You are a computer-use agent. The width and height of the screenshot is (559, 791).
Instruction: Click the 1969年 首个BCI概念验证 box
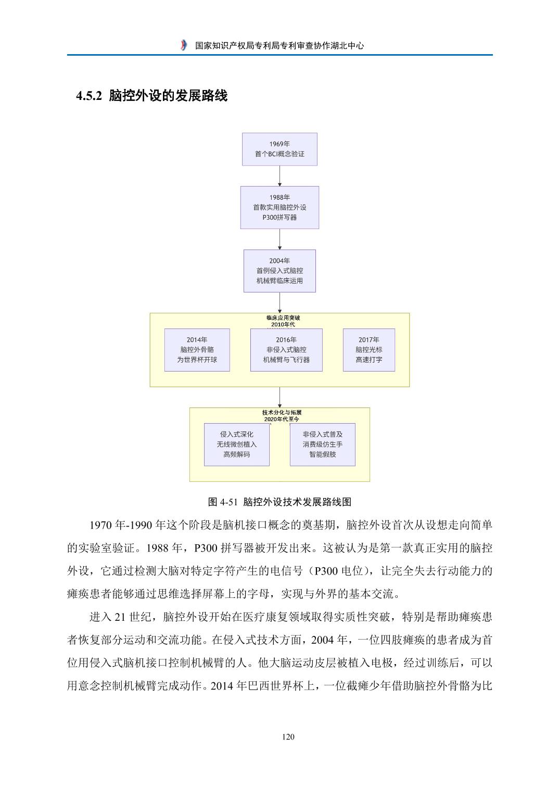(x=279, y=149)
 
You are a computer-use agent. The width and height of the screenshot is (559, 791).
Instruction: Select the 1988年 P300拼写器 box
(x=279, y=208)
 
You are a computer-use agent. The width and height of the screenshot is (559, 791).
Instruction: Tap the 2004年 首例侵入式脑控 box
(x=279, y=271)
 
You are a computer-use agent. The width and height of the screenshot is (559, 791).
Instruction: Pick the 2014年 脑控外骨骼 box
(x=197, y=350)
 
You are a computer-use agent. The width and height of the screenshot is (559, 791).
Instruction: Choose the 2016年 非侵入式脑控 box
(x=286, y=350)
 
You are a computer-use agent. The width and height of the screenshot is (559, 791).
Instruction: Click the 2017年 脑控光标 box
(x=369, y=350)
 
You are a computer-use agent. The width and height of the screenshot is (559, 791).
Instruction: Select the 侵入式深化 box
(x=237, y=444)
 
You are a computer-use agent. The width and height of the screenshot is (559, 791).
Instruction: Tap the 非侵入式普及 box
(x=322, y=444)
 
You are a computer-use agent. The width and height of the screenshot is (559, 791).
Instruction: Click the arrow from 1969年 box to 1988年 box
(x=279, y=176)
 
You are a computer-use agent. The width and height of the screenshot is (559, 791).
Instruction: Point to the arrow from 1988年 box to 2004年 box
(x=279, y=239)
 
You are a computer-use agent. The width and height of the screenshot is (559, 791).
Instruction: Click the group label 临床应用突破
(x=283, y=317)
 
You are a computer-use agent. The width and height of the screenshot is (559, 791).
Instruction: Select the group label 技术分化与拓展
(x=282, y=412)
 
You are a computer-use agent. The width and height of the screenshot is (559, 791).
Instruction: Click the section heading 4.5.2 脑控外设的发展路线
(x=151, y=96)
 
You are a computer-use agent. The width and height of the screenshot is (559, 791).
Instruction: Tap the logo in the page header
(x=183, y=45)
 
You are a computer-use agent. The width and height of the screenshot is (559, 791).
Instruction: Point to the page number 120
(x=288, y=736)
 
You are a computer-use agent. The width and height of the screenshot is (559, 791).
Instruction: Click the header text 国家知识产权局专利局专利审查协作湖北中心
(x=279, y=45)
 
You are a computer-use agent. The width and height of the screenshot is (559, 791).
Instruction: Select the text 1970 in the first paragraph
(x=100, y=525)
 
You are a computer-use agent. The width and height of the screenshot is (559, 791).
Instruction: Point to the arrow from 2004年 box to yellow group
(x=279, y=302)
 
